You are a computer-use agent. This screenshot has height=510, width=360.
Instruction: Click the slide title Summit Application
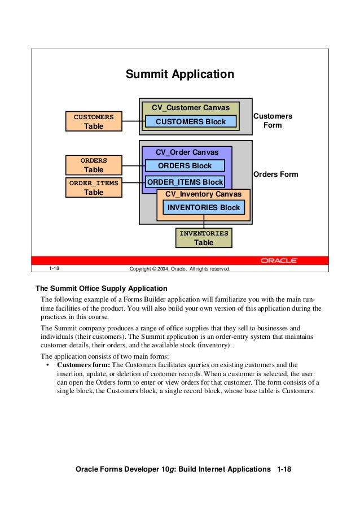179,74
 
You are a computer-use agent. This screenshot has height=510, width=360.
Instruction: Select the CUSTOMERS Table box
94,121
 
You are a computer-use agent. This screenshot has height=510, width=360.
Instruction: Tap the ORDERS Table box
94,165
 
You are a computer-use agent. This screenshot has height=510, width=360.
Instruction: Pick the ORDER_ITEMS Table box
94,188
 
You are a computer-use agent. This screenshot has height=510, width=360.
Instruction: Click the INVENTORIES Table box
204,238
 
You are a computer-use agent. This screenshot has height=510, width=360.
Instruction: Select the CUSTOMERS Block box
191,121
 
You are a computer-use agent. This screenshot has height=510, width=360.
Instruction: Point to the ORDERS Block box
185,165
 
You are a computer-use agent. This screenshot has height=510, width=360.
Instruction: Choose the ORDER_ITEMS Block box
185,182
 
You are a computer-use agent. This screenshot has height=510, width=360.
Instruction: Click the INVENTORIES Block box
204,207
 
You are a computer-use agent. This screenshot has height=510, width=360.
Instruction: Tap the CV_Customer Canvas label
191,108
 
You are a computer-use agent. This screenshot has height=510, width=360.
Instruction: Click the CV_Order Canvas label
187,152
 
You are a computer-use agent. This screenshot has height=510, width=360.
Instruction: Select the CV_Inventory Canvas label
203,194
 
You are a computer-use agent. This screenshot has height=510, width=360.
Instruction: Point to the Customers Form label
273,120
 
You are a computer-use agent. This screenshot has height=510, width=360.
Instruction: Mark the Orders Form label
275,174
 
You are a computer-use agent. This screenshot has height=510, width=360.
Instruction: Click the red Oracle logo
279,260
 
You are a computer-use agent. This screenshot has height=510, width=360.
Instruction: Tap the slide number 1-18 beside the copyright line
55,269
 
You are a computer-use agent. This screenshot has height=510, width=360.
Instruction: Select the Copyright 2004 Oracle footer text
180,269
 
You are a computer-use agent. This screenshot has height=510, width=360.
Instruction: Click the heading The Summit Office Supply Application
102,288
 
